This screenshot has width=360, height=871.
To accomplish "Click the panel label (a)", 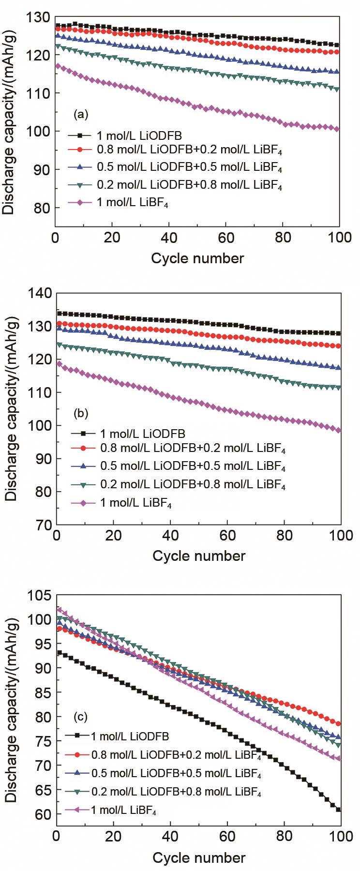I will [x=80, y=115].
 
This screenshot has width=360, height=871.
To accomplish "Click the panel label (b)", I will [x=80, y=414].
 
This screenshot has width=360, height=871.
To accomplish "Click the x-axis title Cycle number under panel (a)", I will [x=197, y=258].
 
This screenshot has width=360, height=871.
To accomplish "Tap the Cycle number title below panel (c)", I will [x=199, y=858].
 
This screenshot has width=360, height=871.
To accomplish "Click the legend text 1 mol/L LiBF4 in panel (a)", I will [x=133, y=203].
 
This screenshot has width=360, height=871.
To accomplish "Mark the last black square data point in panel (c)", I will [x=339, y=810].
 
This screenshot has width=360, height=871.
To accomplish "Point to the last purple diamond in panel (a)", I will [x=337, y=129].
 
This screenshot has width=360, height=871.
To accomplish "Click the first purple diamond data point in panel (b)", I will [x=59, y=363].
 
